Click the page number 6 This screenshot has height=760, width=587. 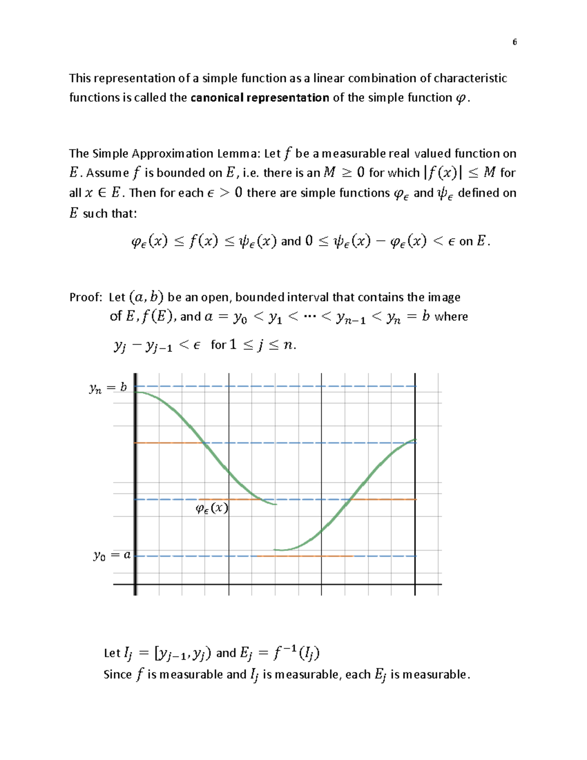coord(514,42)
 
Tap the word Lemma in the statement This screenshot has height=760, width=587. coord(242,154)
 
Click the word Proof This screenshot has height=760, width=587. coord(85,298)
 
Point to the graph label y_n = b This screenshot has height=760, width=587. coord(108,388)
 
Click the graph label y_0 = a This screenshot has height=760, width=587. coord(112,555)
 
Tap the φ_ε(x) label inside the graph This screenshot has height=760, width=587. coord(212,508)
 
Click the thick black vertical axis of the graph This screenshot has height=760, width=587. coord(135,484)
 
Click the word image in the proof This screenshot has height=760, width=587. coord(444,298)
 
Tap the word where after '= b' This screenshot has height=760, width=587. coord(451,317)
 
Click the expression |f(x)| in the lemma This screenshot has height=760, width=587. coord(443,173)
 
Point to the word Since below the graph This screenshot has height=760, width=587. coord(118,675)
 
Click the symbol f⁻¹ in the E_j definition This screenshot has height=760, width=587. coord(284,652)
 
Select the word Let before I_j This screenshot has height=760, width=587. coord(112,653)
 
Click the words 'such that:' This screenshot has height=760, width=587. coord(110,214)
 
